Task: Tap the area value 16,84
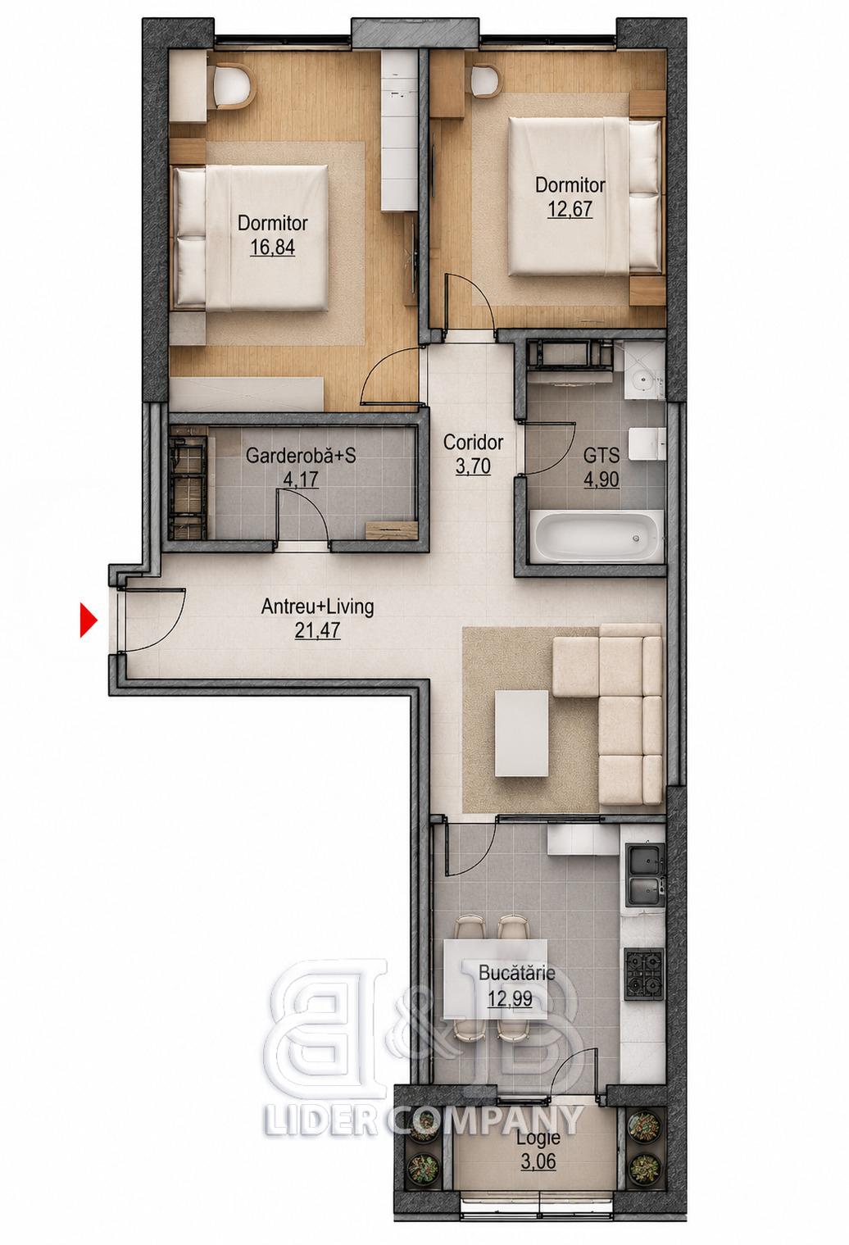(x=272, y=247)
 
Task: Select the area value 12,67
(x=570, y=209)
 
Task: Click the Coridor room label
(x=474, y=443)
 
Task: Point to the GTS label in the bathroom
(x=602, y=456)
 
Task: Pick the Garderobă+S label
(x=301, y=456)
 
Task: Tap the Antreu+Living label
(x=317, y=607)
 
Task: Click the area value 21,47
(x=318, y=630)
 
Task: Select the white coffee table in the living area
(x=521, y=733)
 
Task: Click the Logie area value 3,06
(x=538, y=1146)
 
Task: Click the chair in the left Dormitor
(x=234, y=87)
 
